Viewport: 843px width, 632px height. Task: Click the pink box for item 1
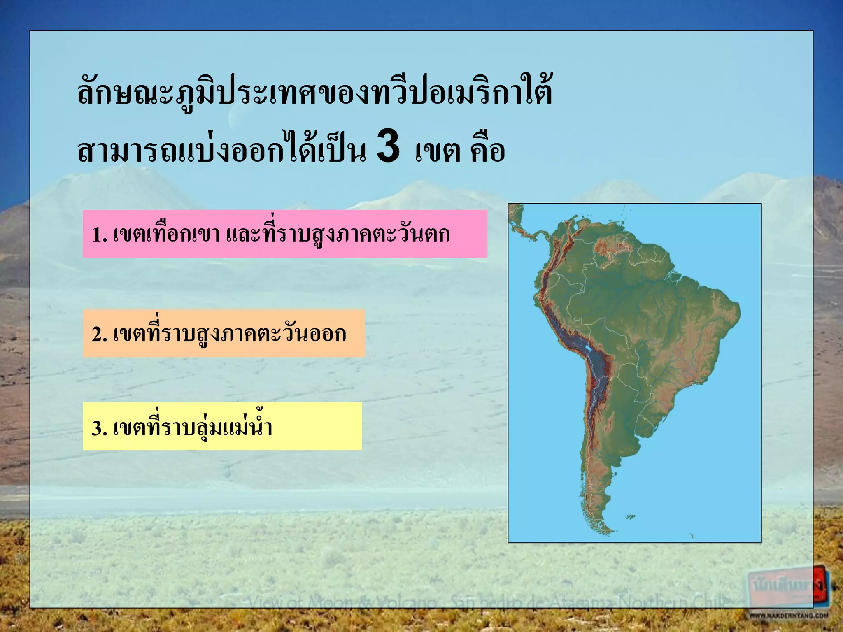tap(285, 234)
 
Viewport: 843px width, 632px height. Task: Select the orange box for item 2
tap(224, 333)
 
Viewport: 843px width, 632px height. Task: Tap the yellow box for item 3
tap(222, 426)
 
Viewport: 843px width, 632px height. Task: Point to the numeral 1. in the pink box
tap(99, 235)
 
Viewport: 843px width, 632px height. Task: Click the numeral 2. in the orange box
tap(99, 335)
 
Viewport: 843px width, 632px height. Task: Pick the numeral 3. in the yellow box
tap(99, 428)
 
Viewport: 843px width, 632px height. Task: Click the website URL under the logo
tap(788, 616)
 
